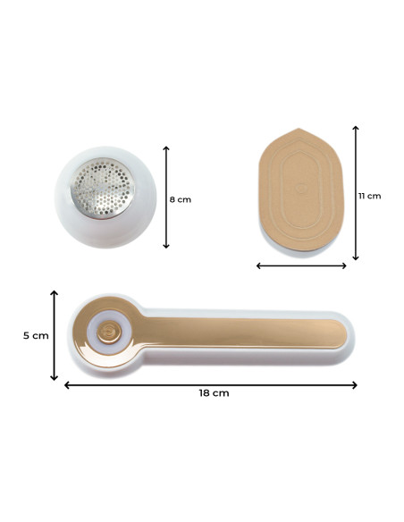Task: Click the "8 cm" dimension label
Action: tap(181, 199)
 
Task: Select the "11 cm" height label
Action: tap(369, 195)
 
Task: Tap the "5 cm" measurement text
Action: tap(35, 335)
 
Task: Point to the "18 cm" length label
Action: tap(209, 392)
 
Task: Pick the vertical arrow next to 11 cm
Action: tap(356, 194)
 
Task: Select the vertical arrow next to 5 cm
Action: tap(54, 334)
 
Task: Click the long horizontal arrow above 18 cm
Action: tap(211, 385)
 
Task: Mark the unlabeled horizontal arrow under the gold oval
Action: tap(301, 265)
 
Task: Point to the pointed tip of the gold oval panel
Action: tap(301, 131)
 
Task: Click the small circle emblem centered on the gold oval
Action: tap(301, 189)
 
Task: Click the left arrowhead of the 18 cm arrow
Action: tap(66, 385)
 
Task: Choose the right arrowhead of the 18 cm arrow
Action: tap(355, 385)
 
